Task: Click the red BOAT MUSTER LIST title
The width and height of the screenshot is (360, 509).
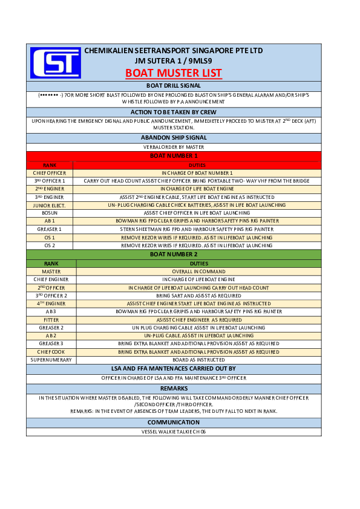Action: pyautogui.click(x=174, y=74)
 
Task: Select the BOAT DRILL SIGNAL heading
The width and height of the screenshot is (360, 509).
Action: pyautogui.click(x=174, y=86)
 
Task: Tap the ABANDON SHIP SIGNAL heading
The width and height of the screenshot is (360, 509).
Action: pyautogui.click(x=174, y=137)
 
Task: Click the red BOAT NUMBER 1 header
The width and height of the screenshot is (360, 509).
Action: pyautogui.click(x=174, y=156)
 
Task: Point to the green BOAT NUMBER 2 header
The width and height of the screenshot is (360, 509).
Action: pyautogui.click(x=174, y=254)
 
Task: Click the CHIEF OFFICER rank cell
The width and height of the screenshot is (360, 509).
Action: pyautogui.click(x=50, y=173)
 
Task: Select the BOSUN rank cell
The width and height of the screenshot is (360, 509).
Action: pyautogui.click(x=50, y=213)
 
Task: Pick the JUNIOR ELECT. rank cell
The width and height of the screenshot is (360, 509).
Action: pyautogui.click(x=50, y=205)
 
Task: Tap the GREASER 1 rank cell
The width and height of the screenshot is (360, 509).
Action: pyautogui.click(x=50, y=229)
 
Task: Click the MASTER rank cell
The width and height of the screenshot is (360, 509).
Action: pyautogui.click(x=51, y=271)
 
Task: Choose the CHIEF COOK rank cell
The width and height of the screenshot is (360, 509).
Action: pyautogui.click(x=51, y=351)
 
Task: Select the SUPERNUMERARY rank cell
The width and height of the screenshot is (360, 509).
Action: pyautogui.click(x=51, y=360)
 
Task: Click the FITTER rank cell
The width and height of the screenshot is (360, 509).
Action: pyautogui.click(x=51, y=319)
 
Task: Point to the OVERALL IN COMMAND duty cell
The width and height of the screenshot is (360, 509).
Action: pyautogui.click(x=199, y=271)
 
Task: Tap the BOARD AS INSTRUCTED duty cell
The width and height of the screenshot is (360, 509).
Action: pyautogui.click(x=199, y=360)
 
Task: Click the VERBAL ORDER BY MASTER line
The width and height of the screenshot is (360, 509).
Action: pyautogui.click(x=174, y=147)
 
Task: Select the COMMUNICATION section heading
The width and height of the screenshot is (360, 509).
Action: pyautogui.click(x=174, y=422)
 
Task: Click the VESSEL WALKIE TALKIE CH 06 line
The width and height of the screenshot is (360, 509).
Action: pyautogui.click(x=174, y=432)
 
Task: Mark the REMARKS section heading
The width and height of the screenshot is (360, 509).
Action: pyautogui.click(x=174, y=388)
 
